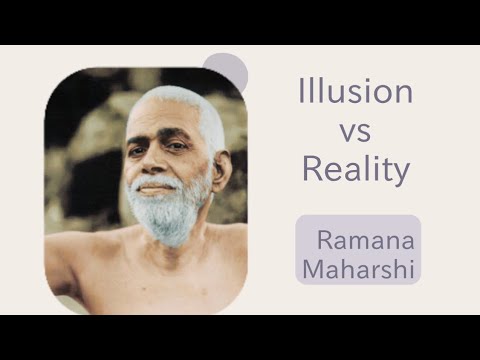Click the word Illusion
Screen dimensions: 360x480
356,93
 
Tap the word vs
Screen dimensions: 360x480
355,131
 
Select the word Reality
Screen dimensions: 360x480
356,170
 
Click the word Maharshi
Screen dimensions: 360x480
358,267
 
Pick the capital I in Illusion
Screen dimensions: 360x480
302,93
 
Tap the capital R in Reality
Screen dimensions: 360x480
311,169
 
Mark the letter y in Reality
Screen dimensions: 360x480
402,174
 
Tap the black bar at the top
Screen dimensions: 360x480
240,21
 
